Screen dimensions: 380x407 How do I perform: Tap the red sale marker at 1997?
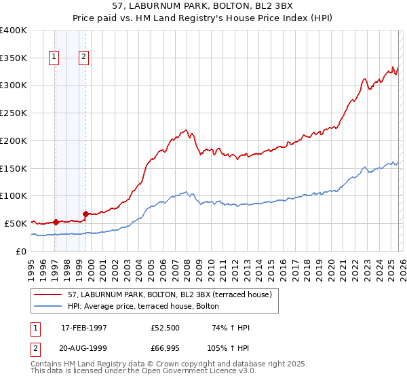tap(56, 221)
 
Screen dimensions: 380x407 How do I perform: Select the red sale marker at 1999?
tap(85, 214)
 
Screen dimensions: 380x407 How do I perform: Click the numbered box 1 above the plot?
tap(54, 58)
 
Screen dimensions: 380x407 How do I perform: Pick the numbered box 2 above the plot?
tap(83, 58)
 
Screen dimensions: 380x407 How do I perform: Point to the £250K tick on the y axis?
tap(14, 113)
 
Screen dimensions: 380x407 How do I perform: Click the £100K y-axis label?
tap(14, 195)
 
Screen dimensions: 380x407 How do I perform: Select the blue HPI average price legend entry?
tap(143, 307)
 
